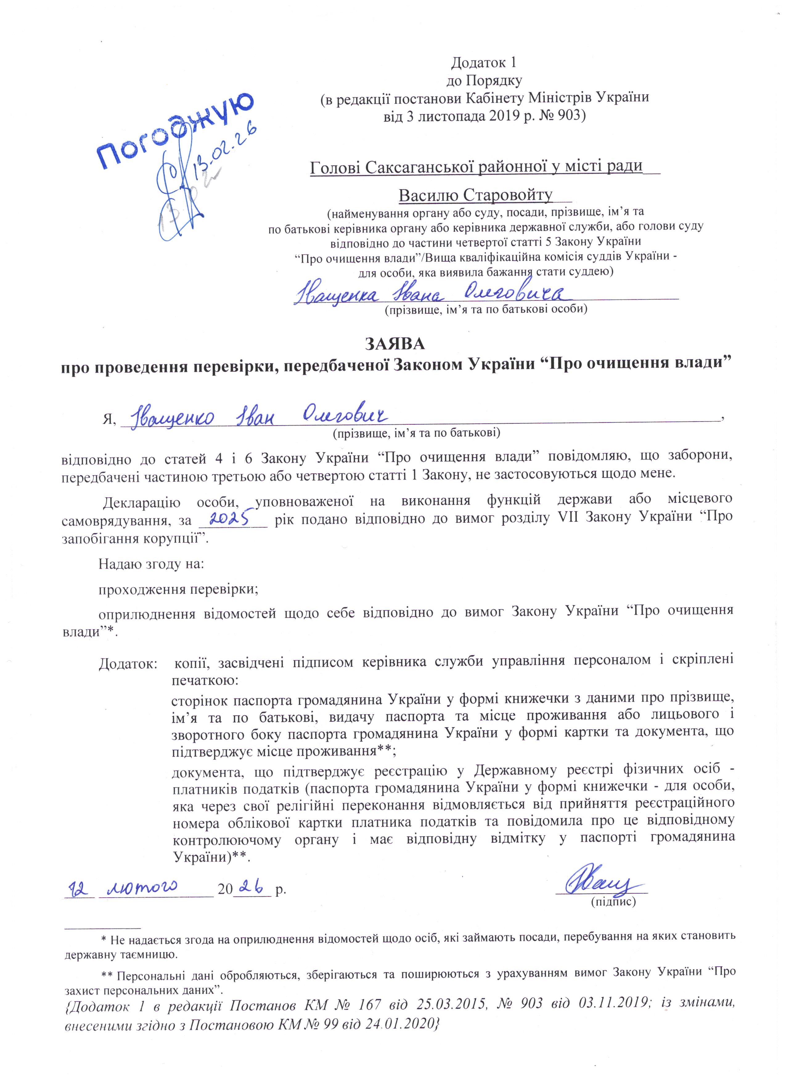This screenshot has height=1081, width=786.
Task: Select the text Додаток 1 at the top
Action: click(484, 62)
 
